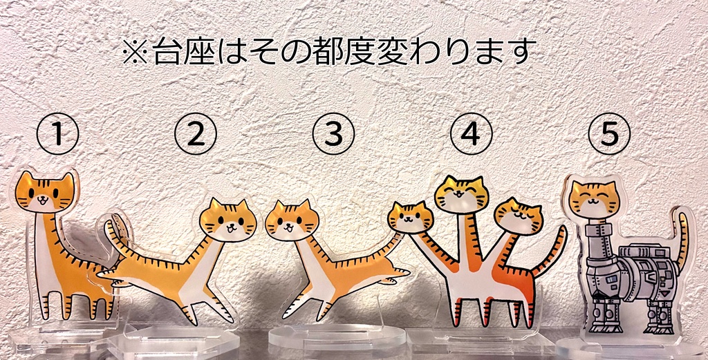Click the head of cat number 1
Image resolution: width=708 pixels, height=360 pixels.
click(x=44, y=193)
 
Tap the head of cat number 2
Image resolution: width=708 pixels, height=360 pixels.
click(x=227, y=220)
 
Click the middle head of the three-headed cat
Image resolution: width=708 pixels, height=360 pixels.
click(x=461, y=194)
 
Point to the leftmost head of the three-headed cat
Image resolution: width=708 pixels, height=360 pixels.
click(x=410, y=217)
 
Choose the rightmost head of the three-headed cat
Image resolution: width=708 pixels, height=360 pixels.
click(x=519, y=216)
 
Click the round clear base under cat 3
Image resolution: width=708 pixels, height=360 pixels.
click(x=336, y=337)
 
